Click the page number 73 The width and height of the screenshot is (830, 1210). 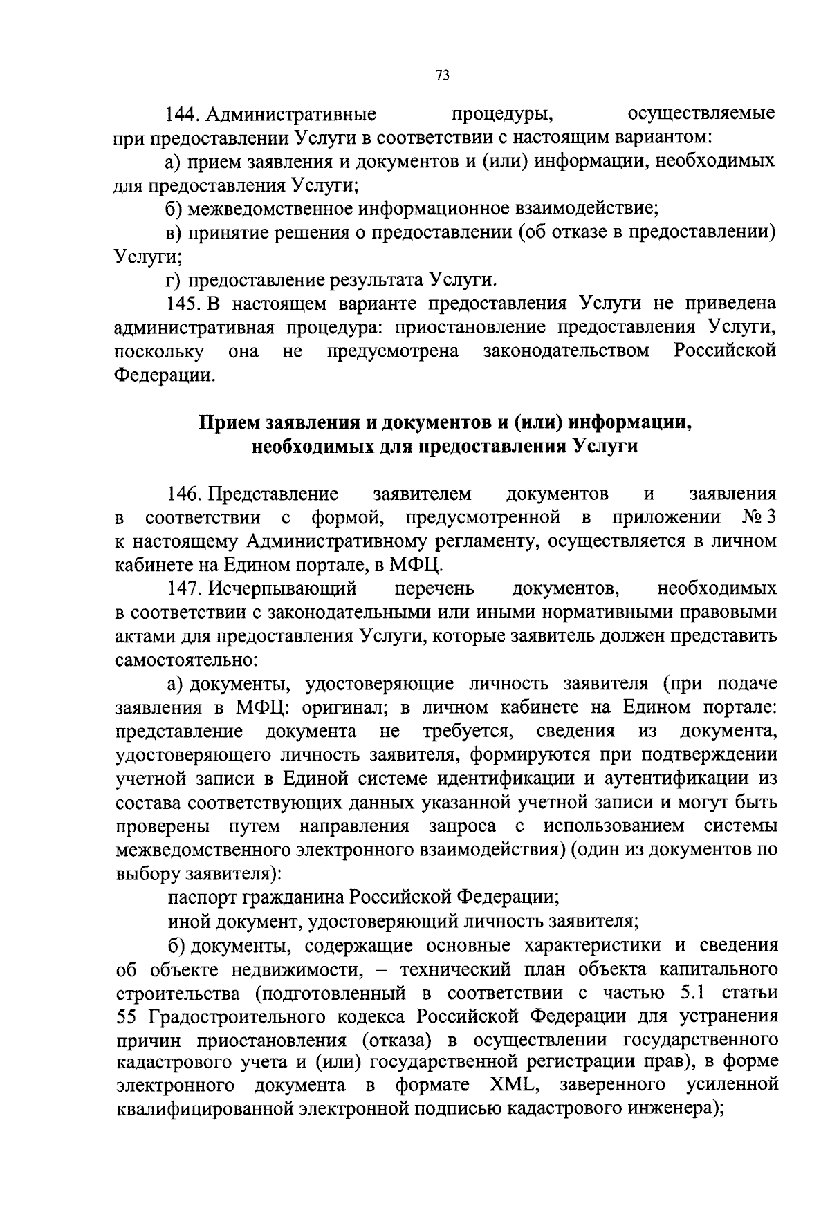coord(443,75)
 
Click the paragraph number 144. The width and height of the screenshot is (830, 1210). coord(183,113)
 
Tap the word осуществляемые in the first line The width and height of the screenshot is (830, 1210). coord(701,113)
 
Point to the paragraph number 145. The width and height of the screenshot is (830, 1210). coord(183,304)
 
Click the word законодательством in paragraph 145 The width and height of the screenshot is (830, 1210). coord(566,351)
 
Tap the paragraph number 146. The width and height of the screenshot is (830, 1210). coord(183,494)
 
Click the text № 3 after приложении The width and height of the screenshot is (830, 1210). coord(759,517)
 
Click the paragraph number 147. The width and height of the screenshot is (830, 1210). coord(183,589)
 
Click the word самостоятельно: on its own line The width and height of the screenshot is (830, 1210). coord(186,660)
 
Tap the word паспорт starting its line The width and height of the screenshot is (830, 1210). coord(202,898)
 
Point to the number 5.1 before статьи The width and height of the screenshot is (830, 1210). coord(687,994)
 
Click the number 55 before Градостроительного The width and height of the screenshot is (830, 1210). coord(127,1017)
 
